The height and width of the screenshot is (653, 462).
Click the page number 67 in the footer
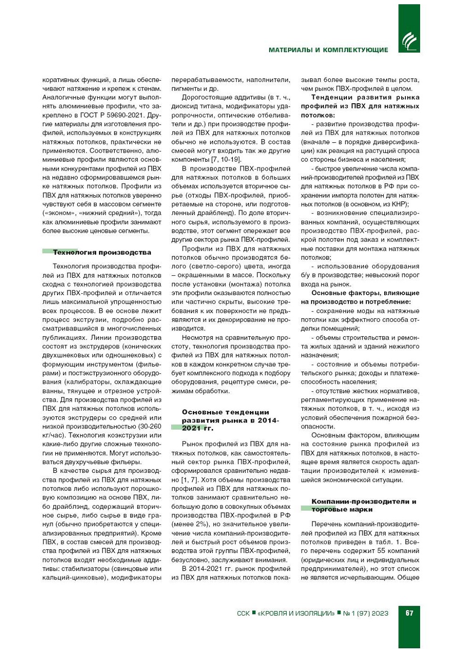tap(409, 612)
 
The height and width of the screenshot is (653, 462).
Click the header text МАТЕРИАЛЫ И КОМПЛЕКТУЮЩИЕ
tap(328, 50)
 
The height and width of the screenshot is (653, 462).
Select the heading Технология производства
tap(102, 252)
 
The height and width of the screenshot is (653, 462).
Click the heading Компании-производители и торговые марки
tap(363, 505)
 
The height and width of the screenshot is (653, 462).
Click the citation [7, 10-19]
tap(226, 160)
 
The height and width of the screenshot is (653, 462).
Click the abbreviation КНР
tap(399, 204)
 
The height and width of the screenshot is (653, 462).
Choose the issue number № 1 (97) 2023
tap(365, 613)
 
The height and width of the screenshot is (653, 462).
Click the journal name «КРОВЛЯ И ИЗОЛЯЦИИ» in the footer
tap(296, 613)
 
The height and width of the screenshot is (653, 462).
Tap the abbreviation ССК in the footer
tap(243, 613)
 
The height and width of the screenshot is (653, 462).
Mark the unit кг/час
tap(53, 435)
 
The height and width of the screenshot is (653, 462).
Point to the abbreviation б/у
tap(305, 275)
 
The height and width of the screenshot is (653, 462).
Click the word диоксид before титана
tap(184, 107)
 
